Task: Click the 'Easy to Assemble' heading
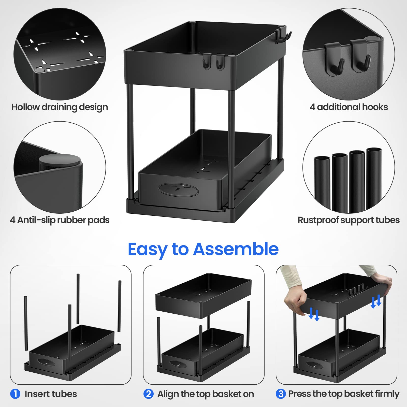coord(203,250)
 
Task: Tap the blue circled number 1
coord(15,394)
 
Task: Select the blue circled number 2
coord(149,394)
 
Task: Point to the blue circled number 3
coord(281,394)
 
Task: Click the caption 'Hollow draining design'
coord(60,107)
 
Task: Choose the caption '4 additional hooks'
coord(349,107)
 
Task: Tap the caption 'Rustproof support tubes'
coord(348,220)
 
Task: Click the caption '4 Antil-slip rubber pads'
coord(60,220)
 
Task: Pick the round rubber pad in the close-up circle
coord(60,161)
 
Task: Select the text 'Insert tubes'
coord(51,394)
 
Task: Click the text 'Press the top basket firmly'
coord(344,394)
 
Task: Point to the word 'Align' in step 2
coord(169,394)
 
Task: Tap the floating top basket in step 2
coord(203,295)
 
